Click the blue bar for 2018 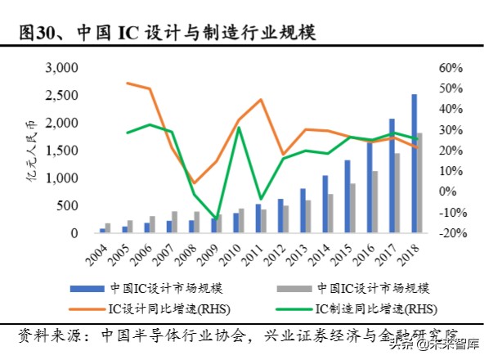coord(415,164)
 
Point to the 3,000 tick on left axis coord(62,67)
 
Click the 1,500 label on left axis coord(62,151)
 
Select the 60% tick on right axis coord(451,67)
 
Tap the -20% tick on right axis coord(452,233)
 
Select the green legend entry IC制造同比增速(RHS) coord(368,309)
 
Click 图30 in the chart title coord(36,33)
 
